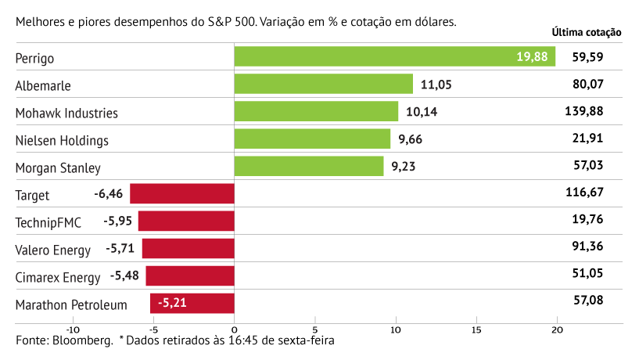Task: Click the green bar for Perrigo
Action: point(394,56)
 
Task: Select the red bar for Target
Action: point(181,193)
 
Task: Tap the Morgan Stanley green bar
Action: point(309,166)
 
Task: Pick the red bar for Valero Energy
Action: point(188,249)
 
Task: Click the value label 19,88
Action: point(532,56)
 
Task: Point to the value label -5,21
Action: point(172,303)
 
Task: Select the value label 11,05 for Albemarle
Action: point(436,85)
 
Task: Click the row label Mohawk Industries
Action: point(66,113)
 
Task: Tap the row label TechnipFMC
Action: point(48,223)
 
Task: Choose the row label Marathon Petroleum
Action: point(71,305)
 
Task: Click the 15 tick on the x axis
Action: point(476,330)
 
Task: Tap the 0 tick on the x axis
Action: point(234,330)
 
